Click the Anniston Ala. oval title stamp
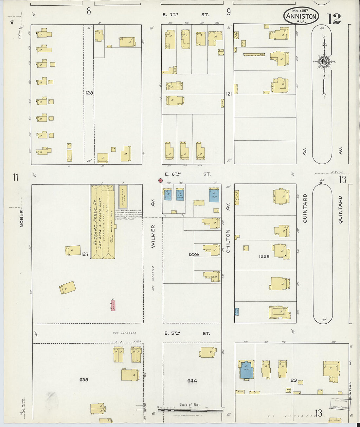coord(301,16)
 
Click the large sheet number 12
coord(333,19)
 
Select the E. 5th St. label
coord(187,333)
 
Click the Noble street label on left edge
coord(22,219)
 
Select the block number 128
coord(89,93)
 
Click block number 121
coord(229,94)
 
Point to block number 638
coord(84,380)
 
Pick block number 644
coord(192,381)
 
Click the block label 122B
coord(264,256)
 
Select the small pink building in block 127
coord(113,305)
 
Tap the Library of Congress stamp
coord(340,405)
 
